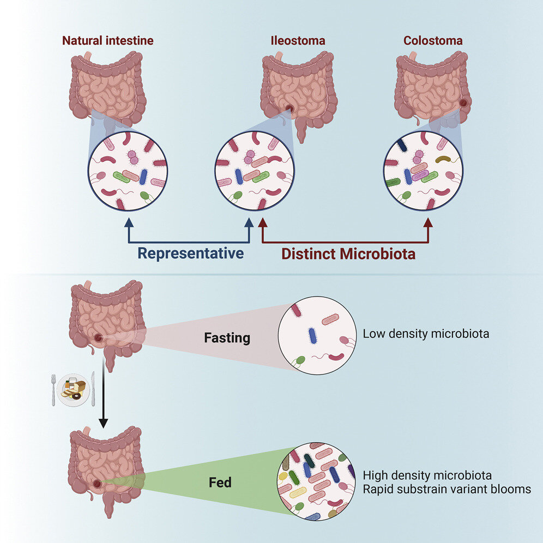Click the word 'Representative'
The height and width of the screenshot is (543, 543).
(x=190, y=254)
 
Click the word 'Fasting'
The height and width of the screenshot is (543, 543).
(x=227, y=337)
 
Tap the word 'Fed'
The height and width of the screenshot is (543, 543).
(x=220, y=482)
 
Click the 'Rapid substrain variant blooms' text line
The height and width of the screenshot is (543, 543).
(x=447, y=489)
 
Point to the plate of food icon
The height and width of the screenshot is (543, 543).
(x=73, y=388)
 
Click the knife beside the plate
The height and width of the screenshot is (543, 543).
(x=93, y=388)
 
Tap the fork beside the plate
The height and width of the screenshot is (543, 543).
(x=53, y=389)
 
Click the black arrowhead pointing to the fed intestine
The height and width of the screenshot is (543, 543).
(x=103, y=423)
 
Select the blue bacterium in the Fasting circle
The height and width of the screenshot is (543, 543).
(x=312, y=335)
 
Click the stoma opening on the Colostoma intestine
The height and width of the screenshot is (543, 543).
(x=464, y=102)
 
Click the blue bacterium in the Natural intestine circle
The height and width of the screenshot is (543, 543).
(x=143, y=176)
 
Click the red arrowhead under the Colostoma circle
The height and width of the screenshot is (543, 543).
(x=428, y=222)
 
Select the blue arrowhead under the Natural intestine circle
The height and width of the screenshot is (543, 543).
(x=129, y=222)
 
